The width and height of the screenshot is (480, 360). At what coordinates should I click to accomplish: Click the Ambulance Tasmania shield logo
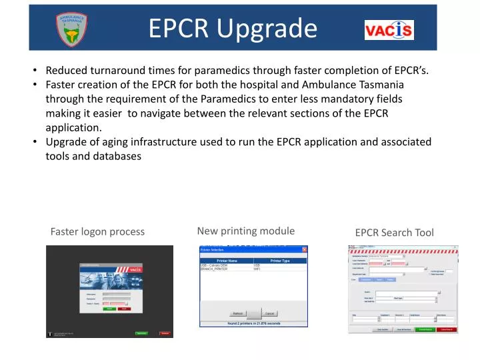pyautogui.click(x=72, y=29)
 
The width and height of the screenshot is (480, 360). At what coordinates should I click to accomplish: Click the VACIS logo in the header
pyautogui.click(x=389, y=30)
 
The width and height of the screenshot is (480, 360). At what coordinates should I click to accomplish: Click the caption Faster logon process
pyautogui.click(x=97, y=232)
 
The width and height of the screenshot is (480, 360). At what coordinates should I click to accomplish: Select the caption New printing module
pyautogui.click(x=246, y=231)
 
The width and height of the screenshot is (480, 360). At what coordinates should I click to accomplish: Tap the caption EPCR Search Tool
pyautogui.click(x=394, y=233)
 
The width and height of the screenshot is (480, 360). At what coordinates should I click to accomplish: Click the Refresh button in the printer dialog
pyautogui.click(x=237, y=313)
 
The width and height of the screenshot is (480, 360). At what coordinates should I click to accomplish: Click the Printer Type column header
pyautogui.click(x=279, y=261)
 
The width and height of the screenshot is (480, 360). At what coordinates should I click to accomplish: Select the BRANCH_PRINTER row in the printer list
pyautogui.click(x=214, y=269)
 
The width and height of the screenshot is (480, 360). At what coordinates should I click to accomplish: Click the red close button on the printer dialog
pyautogui.click(x=305, y=249)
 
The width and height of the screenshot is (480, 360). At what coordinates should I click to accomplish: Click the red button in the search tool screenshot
pyautogui.click(x=446, y=329)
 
